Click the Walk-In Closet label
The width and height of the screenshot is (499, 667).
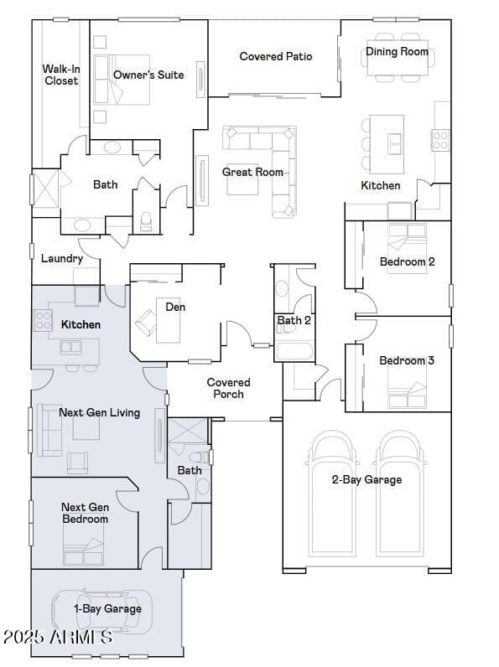[60, 75]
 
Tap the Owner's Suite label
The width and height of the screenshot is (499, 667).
[148, 75]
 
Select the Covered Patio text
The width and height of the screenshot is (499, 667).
[275, 56]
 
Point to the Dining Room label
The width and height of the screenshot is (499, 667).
[397, 51]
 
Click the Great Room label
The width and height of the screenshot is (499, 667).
[252, 172]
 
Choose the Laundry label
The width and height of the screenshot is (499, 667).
[62, 258]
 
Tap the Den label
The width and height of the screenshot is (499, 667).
[175, 307]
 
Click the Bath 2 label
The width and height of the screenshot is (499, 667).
[294, 320]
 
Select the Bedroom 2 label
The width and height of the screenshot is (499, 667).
[407, 261]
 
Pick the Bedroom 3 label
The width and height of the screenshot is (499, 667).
[407, 360]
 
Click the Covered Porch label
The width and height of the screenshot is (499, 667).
[228, 388]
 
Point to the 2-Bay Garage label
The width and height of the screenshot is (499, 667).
[366, 479]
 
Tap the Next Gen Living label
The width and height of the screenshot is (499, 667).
[99, 412]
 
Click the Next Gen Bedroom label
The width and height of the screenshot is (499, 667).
[85, 513]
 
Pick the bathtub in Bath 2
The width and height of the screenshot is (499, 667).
[294, 350]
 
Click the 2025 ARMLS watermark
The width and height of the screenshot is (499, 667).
[58, 637]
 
